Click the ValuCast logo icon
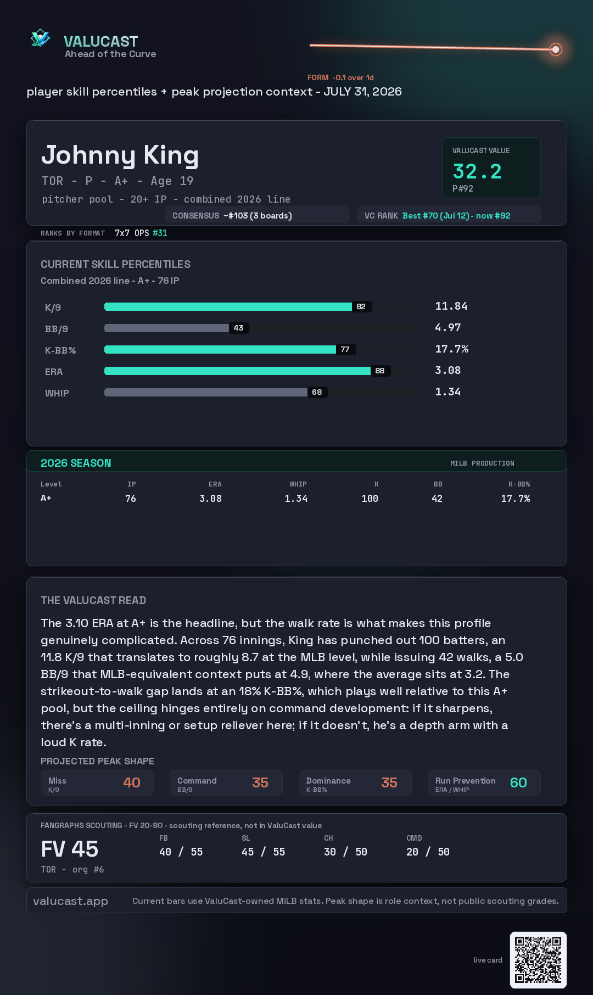point(41,38)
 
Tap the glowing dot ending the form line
point(556,49)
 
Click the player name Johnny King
point(120,155)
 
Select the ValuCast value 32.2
point(477,171)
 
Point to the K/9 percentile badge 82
point(361,306)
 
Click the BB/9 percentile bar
point(167,328)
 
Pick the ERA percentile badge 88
point(380,371)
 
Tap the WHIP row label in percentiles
point(57,393)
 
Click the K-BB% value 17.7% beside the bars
point(452,349)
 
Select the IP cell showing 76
point(131,499)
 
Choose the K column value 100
point(370,499)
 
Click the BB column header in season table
point(438,484)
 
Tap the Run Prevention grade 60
point(518,782)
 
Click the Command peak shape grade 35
point(260,782)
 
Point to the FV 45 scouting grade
point(70,849)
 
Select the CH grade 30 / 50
point(345,852)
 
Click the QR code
point(538,960)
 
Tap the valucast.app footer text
point(70,901)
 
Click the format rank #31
point(160,233)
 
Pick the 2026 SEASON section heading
point(76,463)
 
